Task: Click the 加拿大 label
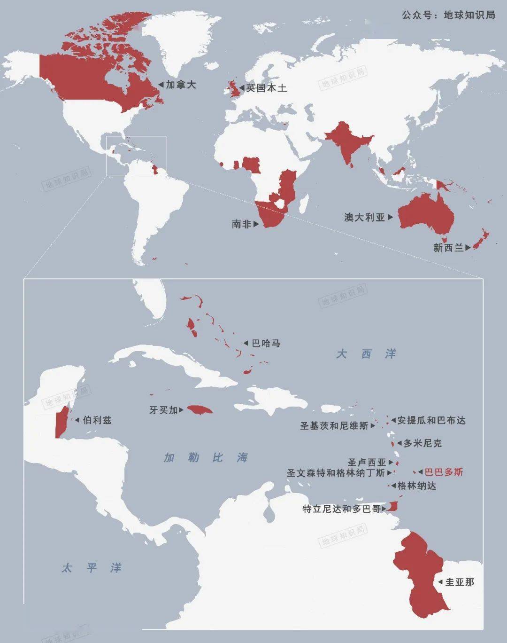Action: coord(181,85)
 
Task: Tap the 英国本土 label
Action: coord(266,88)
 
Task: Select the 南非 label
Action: coord(242,224)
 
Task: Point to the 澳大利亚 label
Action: coord(365,217)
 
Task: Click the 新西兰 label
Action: coord(448,247)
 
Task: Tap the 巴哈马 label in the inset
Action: coord(266,344)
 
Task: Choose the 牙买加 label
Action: coord(163,410)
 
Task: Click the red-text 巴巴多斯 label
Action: coord(444,472)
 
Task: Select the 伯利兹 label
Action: coord(97,420)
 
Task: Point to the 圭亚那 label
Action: coord(460,582)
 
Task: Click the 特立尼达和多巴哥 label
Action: coord(341,509)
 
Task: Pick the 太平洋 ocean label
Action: coord(91,568)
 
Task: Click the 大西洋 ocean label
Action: coord(366,353)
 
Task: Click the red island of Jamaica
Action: coord(200,410)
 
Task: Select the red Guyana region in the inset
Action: coord(420,573)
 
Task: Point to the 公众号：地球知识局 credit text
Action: coord(448,15)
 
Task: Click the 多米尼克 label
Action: coord(422,443)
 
